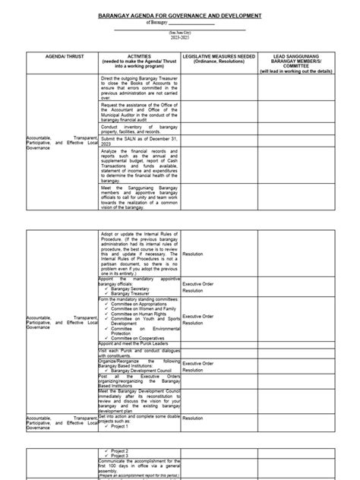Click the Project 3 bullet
[x=121, y=456]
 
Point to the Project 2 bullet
[x=121, y=450]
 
